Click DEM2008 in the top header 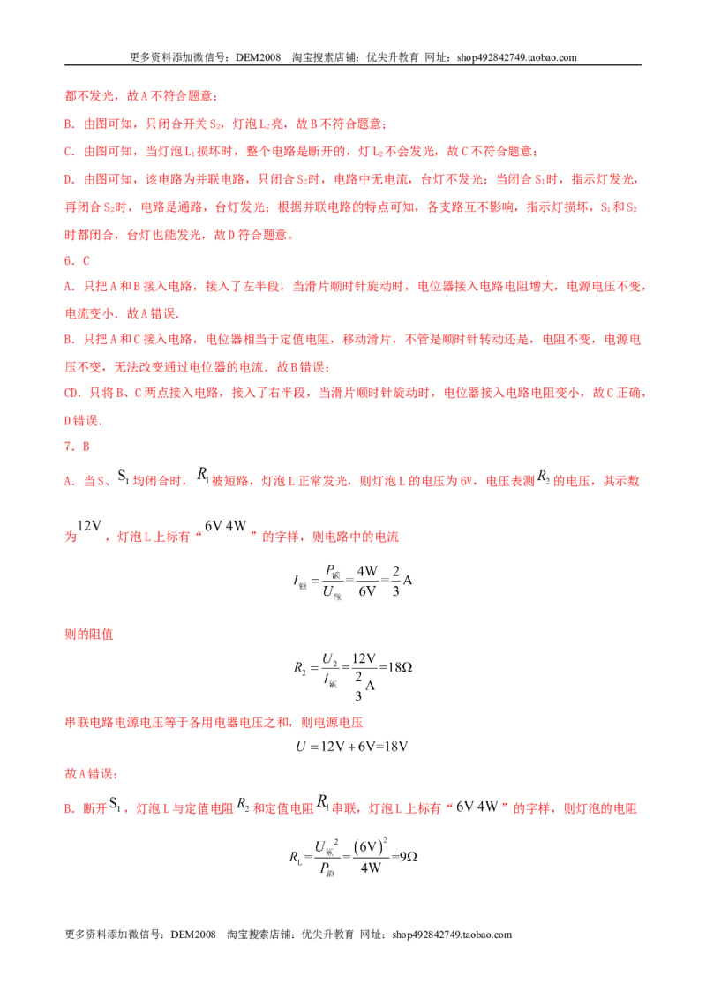click(x=258, y=57)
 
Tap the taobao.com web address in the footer click(x=452, y=935)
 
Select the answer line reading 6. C click(x=77, y=260)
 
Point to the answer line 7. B click(x=77, y=447)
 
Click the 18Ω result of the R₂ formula click(x=400, y=667)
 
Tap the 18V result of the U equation click(x=395, y=746)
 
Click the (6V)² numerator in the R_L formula click(x=371, y=846)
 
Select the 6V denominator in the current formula click(x=367, y=591)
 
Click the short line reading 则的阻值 click(x=89, y=634)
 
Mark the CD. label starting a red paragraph click(x=72, y=393)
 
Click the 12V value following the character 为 click(x=89, y=526)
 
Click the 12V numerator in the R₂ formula click(x=364, y=657)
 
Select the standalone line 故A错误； click(x=91, y=773)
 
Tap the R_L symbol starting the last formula click(x=296, y=857)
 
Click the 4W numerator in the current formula click(x=367, y=571)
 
